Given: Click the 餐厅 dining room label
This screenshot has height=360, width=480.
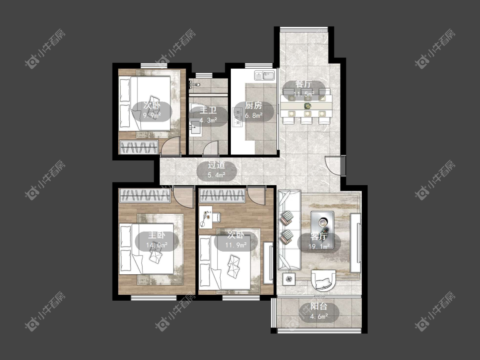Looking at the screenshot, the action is (304, 84).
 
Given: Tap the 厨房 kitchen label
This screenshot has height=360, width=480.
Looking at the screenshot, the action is (253, 105).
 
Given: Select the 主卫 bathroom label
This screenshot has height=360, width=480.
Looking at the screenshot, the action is (208, 110).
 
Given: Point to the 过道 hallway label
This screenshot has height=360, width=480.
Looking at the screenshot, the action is (216, 165).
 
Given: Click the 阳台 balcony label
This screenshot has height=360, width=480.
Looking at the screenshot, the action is (319, 306).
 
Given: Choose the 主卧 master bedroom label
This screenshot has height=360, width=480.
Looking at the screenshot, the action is (157, 235).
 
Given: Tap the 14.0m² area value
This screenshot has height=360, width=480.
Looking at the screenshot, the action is (157, 245).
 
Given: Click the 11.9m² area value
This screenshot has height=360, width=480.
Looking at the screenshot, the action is (236, 245).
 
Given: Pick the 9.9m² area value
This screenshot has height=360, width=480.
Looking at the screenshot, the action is (152, 116).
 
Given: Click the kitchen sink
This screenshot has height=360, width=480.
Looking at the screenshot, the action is (265, 75).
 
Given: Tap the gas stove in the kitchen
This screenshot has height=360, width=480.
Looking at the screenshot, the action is (237, 117).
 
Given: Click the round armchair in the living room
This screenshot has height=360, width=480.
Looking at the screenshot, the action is (323, 280).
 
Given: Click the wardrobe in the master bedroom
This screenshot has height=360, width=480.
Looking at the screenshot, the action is (145, 196).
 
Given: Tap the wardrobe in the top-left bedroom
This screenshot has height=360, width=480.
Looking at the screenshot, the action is (139, 147).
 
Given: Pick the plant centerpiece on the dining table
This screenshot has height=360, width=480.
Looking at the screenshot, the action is (307, 106).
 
